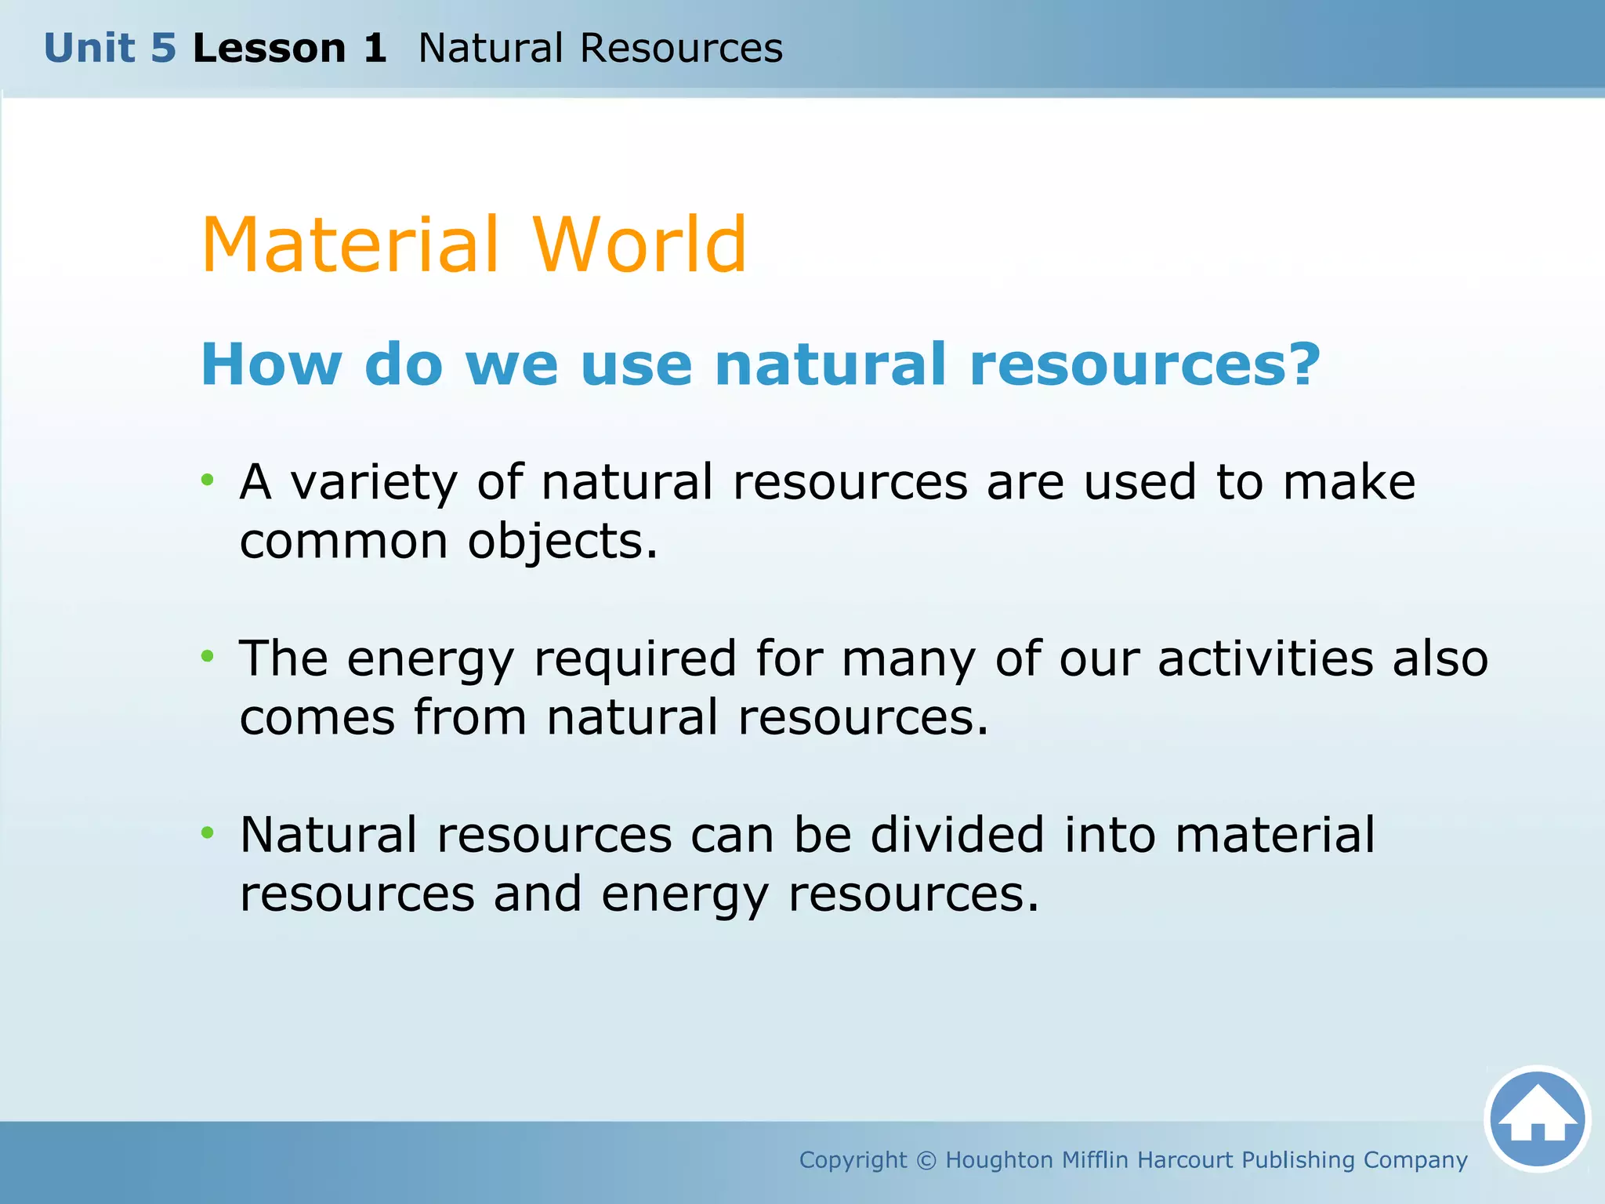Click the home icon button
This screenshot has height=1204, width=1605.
[x=1538, y=1119]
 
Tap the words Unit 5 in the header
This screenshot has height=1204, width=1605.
[x=110, y=49]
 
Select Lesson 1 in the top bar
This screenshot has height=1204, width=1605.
[x=289, y=49]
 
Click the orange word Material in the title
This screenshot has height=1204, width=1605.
[x=350, y=245]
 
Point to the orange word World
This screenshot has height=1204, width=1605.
[x=640, y=245]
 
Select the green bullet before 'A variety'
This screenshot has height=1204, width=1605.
[x=207, y=479]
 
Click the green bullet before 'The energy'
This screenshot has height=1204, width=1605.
[x=207, y=655]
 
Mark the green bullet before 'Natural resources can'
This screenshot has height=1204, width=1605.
[x=207, y=832]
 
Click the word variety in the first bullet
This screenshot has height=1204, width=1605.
[x=374, y=483]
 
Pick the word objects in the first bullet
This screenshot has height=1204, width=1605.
[x=562, y=542]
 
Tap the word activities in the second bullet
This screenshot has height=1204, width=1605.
[x=1265, y=658]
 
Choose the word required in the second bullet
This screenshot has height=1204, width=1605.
[x=635, y=660]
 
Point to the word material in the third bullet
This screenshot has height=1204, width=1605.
[x=1274, y=835]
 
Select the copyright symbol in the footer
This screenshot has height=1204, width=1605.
[x=926, y=1160]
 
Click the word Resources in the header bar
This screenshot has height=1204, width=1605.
[x=680, y=49]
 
